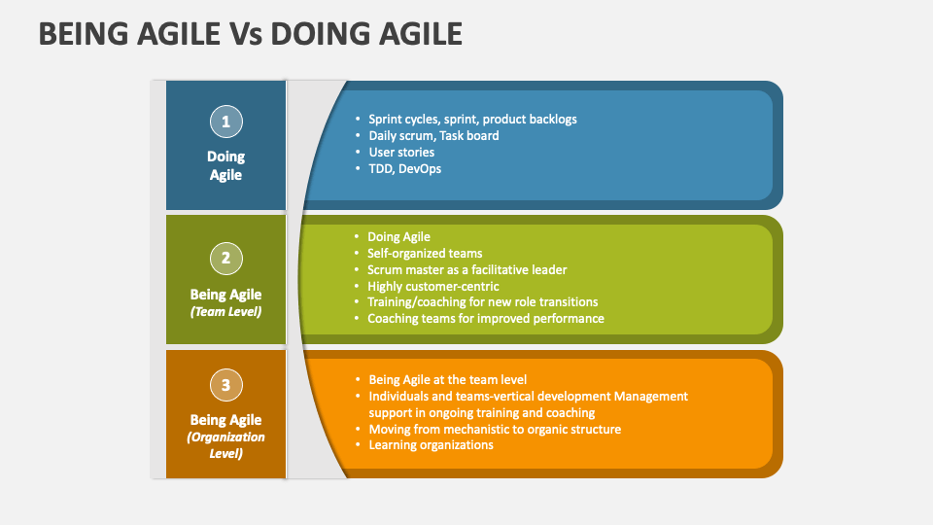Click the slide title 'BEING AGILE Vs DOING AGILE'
coord(250,35)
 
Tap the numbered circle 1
coord(225,122)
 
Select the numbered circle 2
coord(225,258)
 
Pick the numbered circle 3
coord(225,385)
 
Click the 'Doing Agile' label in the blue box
coord(225,165)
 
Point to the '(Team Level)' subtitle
coord(225,312)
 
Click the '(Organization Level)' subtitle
coord(225,445)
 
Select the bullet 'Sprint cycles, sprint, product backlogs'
coord(472,119)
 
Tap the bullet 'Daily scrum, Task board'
coord(433,135)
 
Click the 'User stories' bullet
coord(401,152)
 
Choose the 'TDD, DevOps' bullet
coord(403,168)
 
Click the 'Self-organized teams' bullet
coord(425,253)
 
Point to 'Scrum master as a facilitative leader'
coord(466,269)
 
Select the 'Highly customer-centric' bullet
coord(432,286)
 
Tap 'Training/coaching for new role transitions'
coord(482,301)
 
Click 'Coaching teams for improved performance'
coord(485,318)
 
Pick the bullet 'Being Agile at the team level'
coord(447,379)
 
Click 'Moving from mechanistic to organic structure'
coord(494,429)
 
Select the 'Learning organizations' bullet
coord(431,444)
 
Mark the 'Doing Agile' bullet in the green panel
coord(398,236)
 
